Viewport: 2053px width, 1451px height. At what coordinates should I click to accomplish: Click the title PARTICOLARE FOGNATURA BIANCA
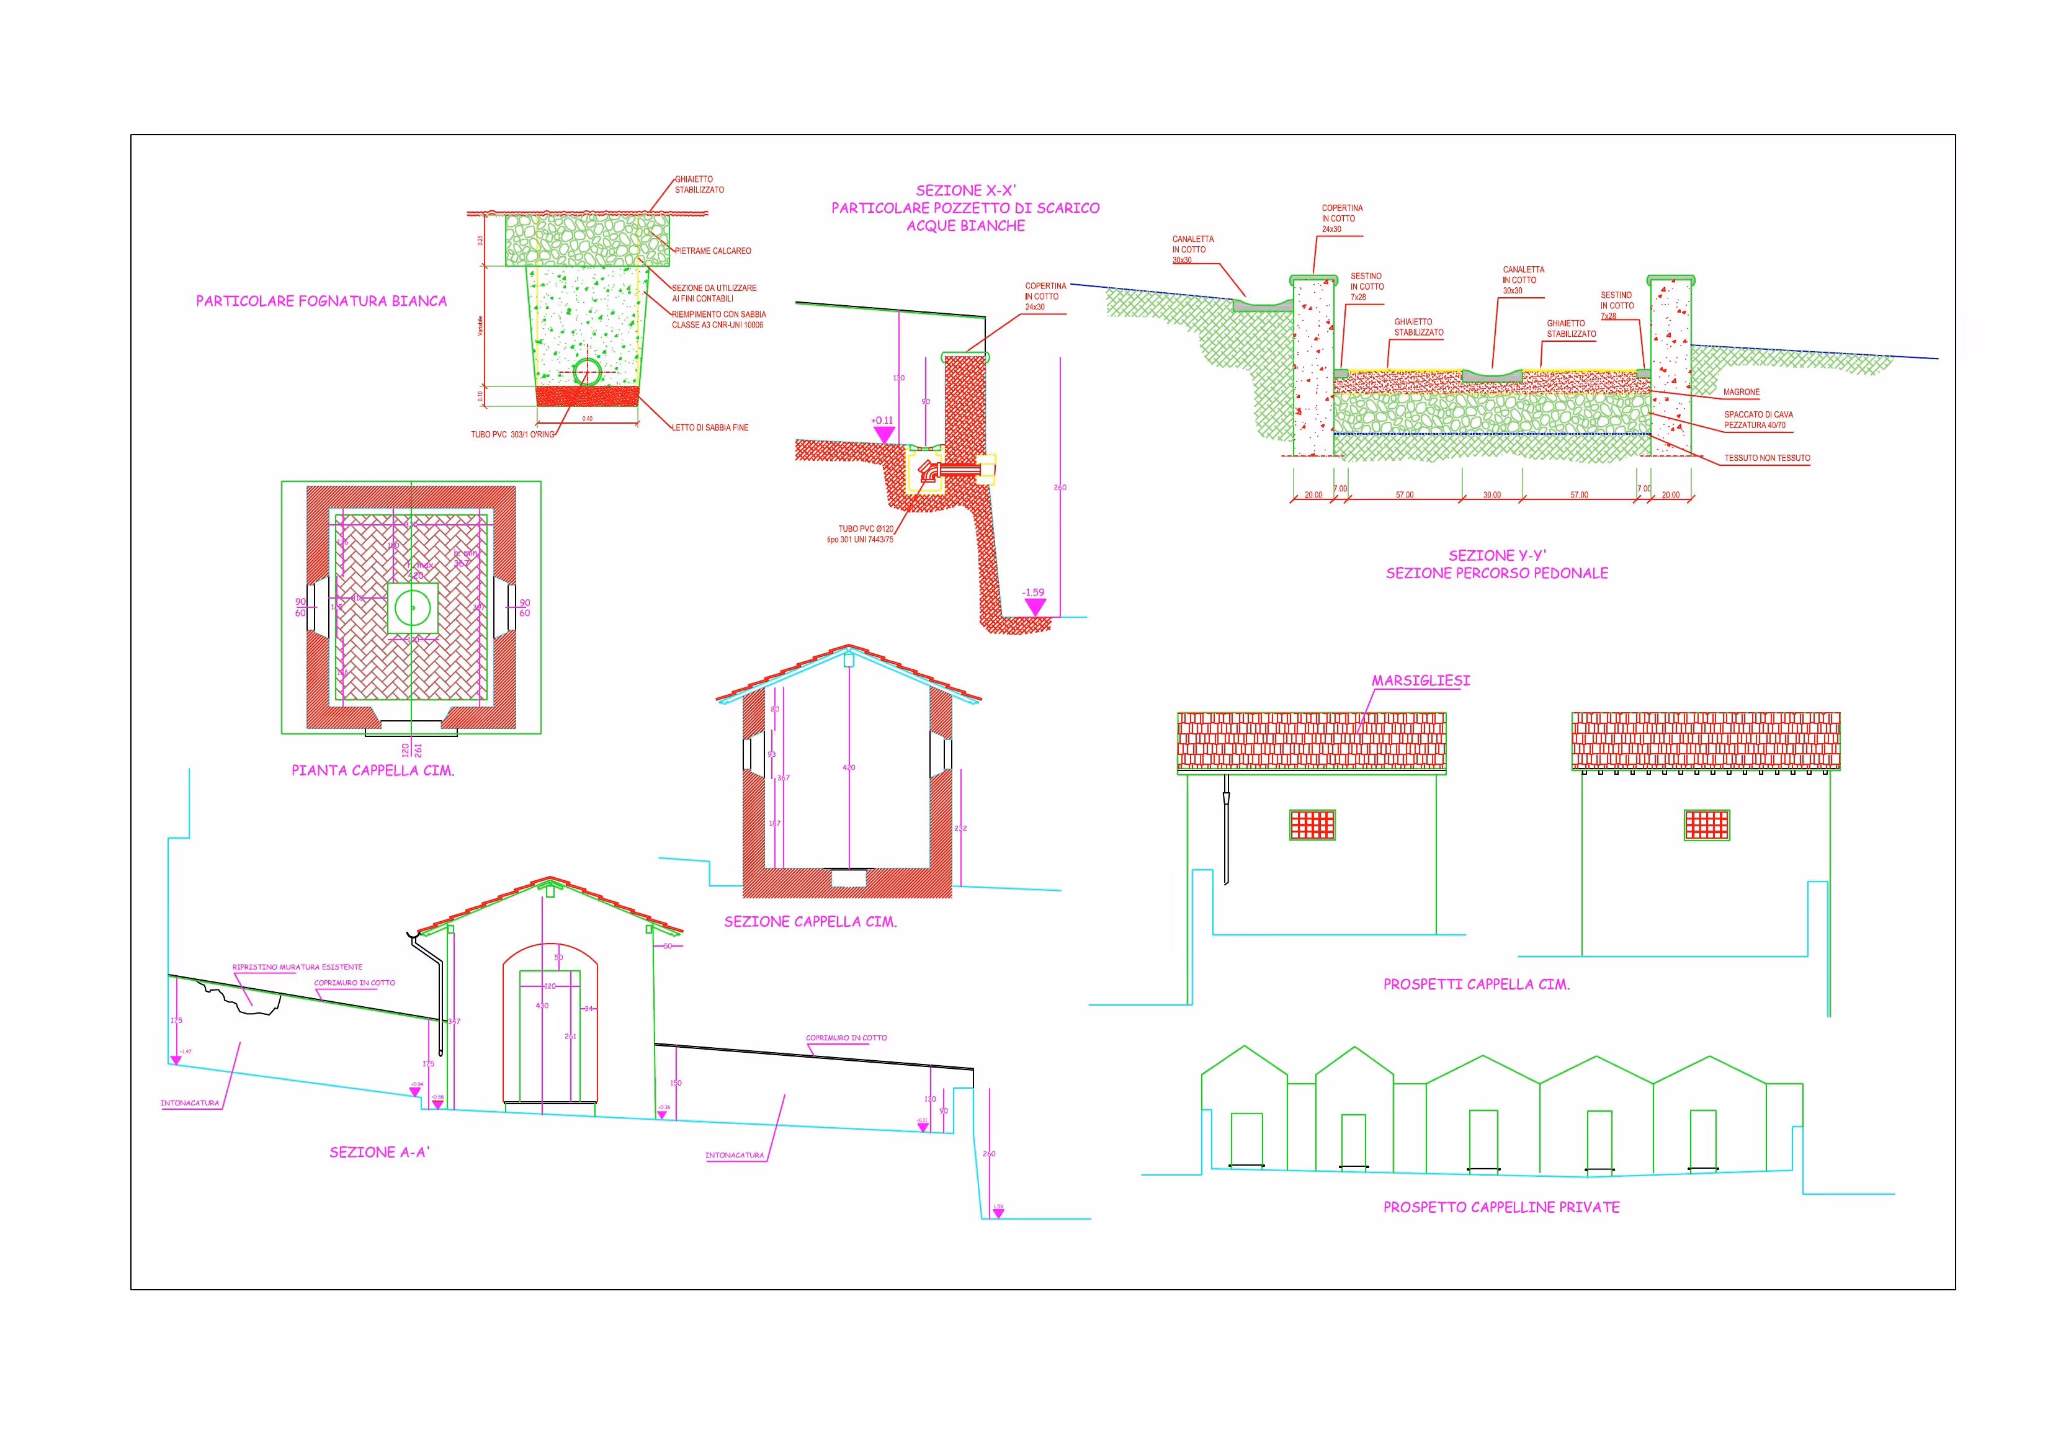[321, 301]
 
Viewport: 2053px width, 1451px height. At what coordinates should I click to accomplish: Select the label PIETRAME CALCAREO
[713, 251]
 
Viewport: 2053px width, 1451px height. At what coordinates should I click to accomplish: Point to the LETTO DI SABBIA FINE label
[710, 428]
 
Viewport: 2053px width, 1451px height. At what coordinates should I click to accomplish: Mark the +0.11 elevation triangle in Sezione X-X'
[883, 434]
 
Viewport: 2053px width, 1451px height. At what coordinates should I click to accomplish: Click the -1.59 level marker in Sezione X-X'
[1034, 606]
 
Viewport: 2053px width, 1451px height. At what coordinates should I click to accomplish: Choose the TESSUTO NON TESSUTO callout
[1767, 458]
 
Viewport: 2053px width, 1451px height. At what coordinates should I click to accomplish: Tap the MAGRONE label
[1741, 393]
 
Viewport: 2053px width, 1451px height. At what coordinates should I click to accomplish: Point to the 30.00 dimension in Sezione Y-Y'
[1492, 495]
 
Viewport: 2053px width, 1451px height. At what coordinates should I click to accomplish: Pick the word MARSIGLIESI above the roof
[1420, 681]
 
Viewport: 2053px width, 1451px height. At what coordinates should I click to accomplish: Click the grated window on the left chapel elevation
[1312, 825]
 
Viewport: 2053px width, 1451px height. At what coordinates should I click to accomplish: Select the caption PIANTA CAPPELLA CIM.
[373, 770]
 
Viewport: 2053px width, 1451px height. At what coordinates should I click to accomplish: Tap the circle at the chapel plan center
[412, 608]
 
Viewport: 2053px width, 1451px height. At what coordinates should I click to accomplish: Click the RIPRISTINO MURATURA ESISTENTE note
[297, 967]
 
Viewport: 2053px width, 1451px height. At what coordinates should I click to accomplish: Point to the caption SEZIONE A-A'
[379, 1153]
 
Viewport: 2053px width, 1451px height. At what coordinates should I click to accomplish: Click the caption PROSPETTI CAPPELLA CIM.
[1476, 984]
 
